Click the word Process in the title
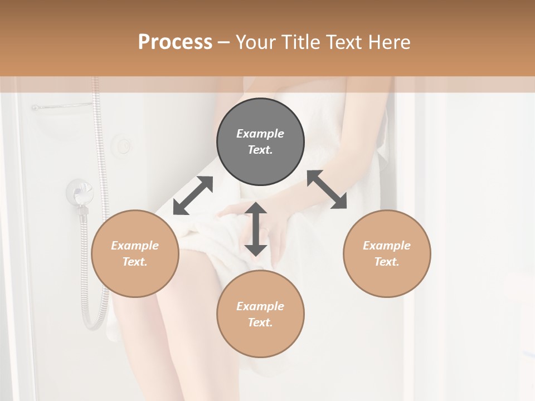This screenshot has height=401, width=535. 175,42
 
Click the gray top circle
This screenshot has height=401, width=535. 260,142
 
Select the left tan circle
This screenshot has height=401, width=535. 135,253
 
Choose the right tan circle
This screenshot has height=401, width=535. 387,253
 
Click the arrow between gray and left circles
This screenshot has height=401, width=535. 193,195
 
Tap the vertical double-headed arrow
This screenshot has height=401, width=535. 256,229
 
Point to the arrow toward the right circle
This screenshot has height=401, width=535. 327,189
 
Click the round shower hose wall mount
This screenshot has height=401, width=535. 78,193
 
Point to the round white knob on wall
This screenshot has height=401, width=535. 123,146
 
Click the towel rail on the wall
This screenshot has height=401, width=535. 61,106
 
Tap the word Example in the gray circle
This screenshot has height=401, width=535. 260,134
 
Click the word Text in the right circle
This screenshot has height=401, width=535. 387,262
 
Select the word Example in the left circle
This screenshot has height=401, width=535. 135,246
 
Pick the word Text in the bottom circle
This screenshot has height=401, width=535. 260,322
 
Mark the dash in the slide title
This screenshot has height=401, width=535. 224,42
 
